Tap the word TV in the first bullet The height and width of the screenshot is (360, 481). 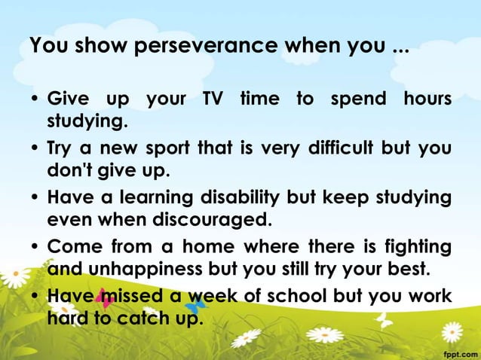point(214,99)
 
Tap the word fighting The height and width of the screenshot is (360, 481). point(418,247)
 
